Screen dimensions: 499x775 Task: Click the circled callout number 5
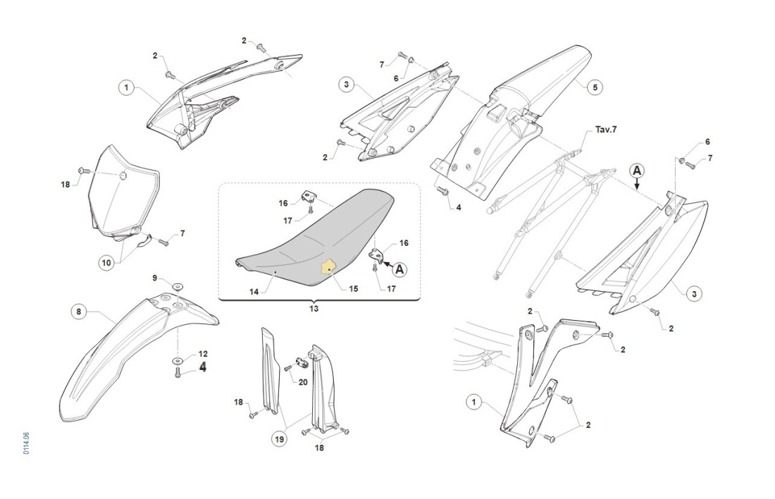point(594,87)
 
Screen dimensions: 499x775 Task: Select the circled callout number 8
point(79,311)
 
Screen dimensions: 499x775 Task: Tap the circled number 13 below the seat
point(314,309)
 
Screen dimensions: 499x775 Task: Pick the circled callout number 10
point(106,263)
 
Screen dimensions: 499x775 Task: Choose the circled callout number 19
point(280,438)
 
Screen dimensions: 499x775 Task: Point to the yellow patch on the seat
point(328,268)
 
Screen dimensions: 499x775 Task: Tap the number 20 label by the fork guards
point(303,381)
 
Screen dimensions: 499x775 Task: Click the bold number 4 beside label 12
point(203,366)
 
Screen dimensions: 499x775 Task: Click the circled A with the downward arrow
point(636,171)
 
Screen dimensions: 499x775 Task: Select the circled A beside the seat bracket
point(399,268)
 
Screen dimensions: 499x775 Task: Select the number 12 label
point(203,353)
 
